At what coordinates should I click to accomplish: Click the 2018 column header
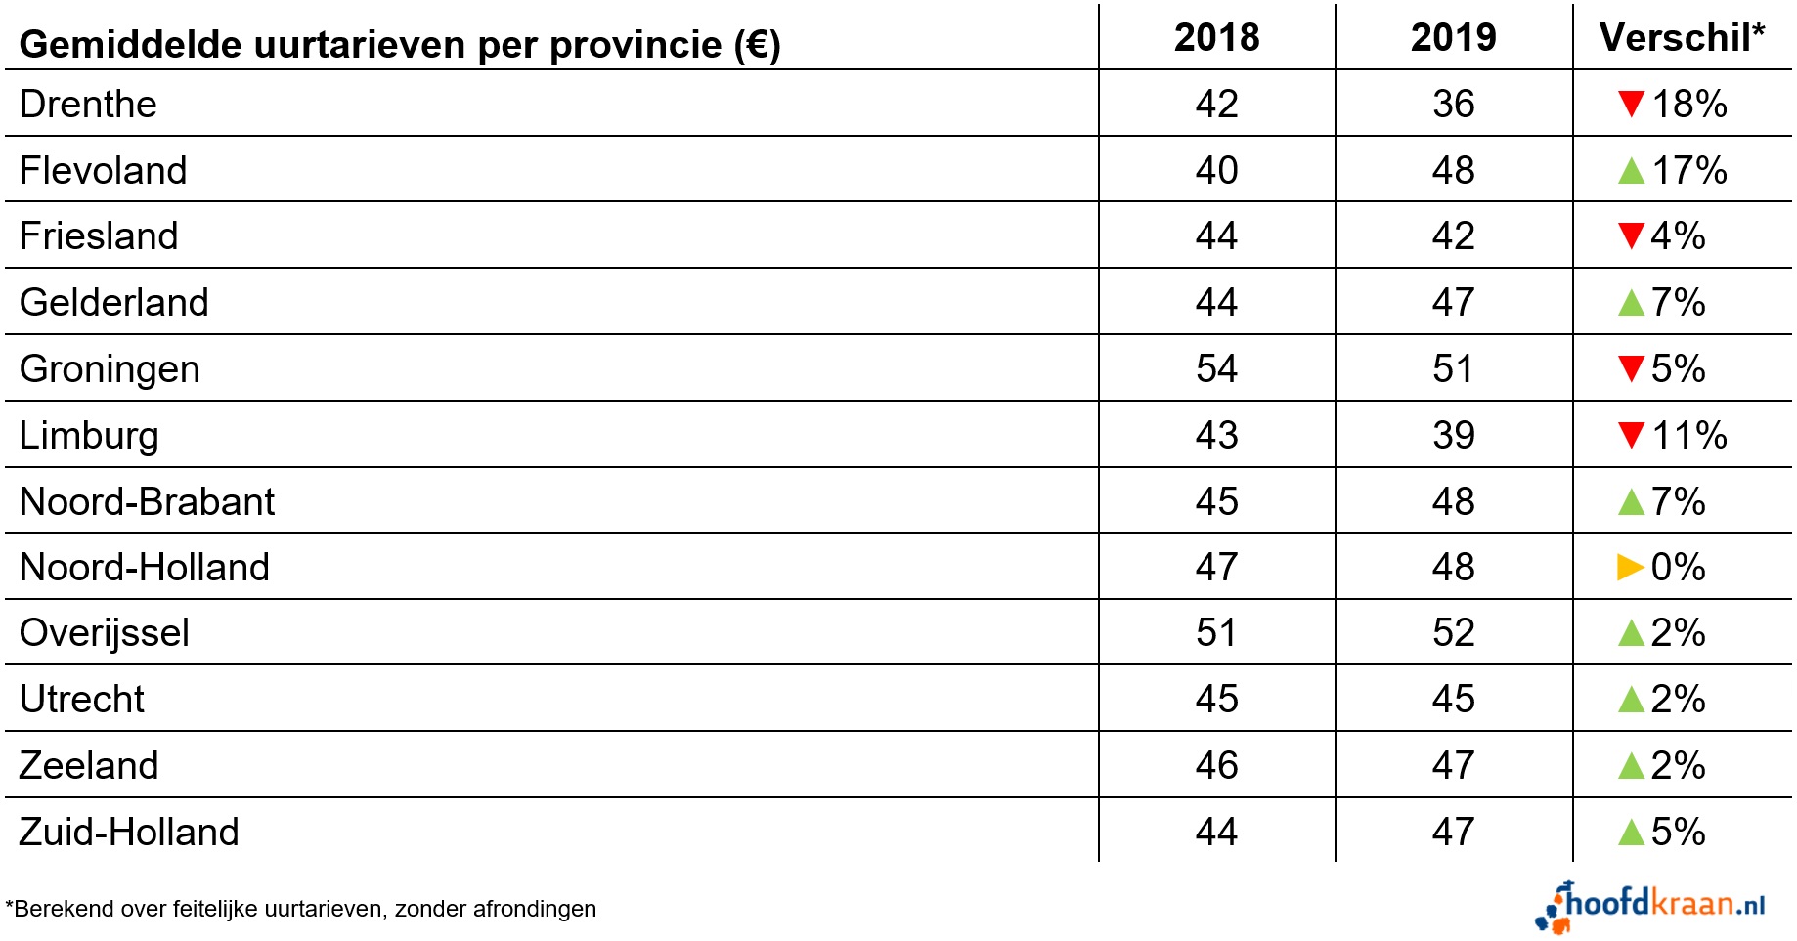click(x=1216, y=38)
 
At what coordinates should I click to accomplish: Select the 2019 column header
click(x=1453, y=38)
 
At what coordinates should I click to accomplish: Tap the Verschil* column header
click(x=1682, y=38)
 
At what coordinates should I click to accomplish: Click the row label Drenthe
click(x=88, y=105)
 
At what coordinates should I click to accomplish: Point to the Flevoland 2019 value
click(x=1453, y=171)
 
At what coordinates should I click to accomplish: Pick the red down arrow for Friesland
click(x=1631, y=235)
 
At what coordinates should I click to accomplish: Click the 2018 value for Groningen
click(x=1216, y=369)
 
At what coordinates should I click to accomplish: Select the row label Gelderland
click(x=113, y=303)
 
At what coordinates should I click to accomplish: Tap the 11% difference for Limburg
click(x=1689, y=436)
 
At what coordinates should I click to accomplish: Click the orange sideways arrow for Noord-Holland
click(x=1630, y=567)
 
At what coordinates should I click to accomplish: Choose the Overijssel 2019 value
click(x=1453, y=633)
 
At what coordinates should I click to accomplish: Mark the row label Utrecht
click(x=82, y=700)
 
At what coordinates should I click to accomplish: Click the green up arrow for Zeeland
click(x=1631, y=765)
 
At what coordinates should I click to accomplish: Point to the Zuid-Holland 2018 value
click(x=1216, y=833)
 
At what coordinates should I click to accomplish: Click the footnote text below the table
click(x=301, y=909)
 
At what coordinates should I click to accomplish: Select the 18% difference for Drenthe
click(x=1689, y=105)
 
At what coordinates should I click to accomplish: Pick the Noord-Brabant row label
click(x=147, y=502)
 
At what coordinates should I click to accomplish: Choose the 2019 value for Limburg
click(x=1453, y=436)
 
